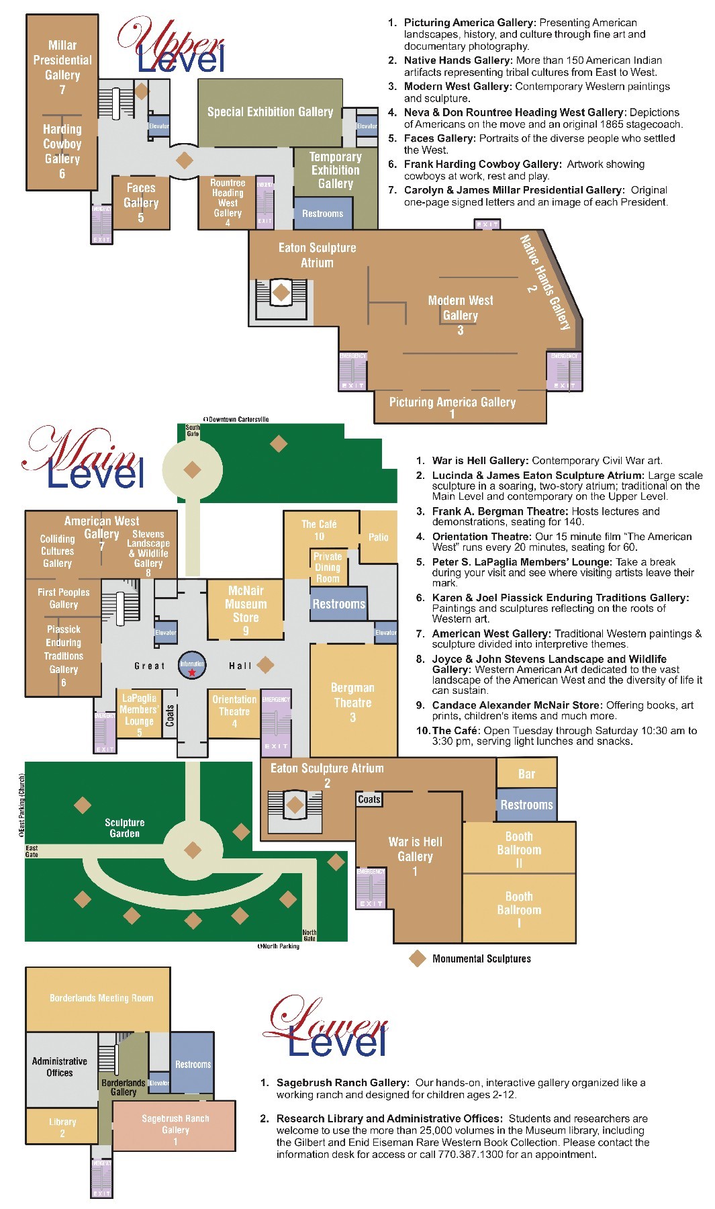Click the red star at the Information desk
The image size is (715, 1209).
[192, 672]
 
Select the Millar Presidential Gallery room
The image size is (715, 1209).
[62, 64]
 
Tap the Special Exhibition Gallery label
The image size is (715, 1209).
[270, 112]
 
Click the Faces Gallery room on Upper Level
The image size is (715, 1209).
[141, 202]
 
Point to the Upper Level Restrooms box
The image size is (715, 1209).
[322, 214]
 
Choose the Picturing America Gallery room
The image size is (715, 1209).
[452, 406]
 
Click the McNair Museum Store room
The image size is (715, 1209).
[246, 609]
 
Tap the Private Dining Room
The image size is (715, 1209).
[328, 568]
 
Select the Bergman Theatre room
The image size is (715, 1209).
[352, 702]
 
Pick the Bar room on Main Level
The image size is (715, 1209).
[526, 774]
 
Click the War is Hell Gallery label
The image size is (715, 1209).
[415, 849]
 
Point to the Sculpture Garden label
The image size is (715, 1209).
[125, 827]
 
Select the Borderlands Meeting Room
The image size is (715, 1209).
[101, 998]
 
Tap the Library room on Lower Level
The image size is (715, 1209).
[62, 1126]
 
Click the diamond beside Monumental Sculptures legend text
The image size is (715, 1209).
[418, 958]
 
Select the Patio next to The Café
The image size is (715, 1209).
[378, 537]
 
